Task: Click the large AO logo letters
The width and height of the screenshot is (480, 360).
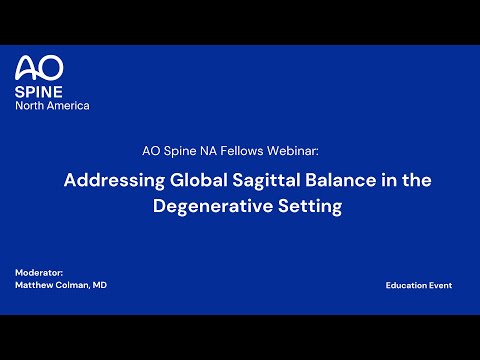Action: [x=39, y=68]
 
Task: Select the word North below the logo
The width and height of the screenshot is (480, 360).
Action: [x=30, y=105]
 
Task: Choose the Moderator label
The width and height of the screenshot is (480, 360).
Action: [x=39, y=273]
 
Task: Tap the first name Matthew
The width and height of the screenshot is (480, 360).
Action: [x=36, y=286]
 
